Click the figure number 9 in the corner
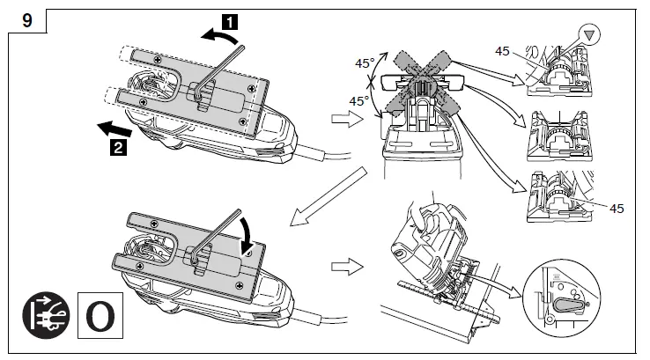click(27, 18)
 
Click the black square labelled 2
click(114, 147)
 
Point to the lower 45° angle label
click(359, 101)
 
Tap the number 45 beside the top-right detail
click(503, 51)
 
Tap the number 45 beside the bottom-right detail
click(617, 208)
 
